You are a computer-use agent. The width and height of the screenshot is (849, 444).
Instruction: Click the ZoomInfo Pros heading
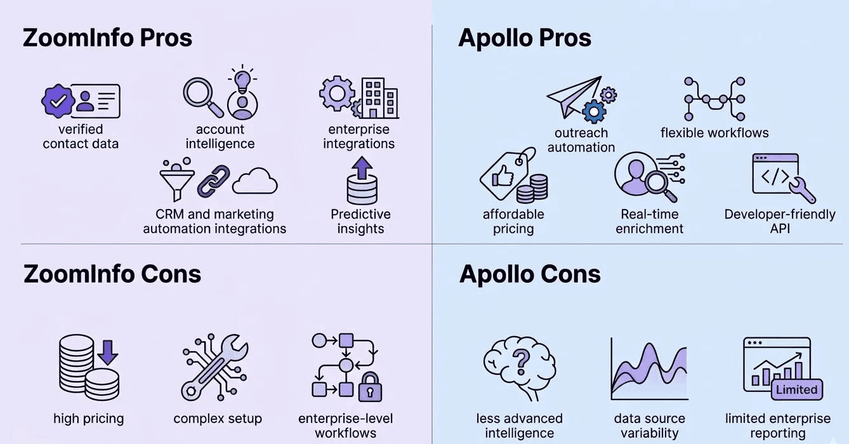pos(107,38)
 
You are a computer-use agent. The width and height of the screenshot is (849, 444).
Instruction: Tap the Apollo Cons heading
pos(530,274)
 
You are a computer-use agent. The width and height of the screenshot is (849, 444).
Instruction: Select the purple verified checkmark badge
pos(58,100)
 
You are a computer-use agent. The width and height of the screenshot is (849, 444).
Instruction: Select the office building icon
pos(379,98)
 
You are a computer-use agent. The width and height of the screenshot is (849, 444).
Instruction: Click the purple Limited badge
pos(796,389)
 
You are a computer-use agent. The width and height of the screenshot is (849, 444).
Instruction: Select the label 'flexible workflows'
pos(714,133)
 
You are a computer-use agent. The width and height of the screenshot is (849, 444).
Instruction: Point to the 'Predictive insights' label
pos(360,221)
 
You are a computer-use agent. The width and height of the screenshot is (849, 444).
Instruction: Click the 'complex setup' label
pos(218,419)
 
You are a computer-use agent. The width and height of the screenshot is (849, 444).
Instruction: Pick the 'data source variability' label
pos(649,426)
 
